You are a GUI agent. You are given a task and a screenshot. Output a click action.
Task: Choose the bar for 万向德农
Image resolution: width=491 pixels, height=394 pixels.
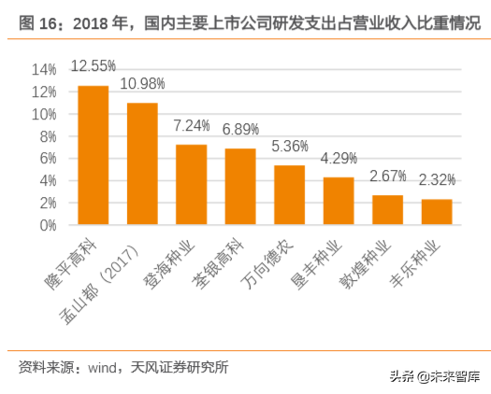click(289, 195)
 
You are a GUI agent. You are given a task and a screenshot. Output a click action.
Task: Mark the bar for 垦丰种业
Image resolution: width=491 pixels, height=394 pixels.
click(339, 201)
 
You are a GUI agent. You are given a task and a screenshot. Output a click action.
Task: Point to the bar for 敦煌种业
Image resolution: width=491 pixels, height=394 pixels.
click(387, 210)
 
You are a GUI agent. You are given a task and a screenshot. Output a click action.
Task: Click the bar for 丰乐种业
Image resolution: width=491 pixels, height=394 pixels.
click(437, 212)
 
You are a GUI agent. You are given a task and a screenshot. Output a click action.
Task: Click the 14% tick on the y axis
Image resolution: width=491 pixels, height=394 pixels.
click(45, 70)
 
